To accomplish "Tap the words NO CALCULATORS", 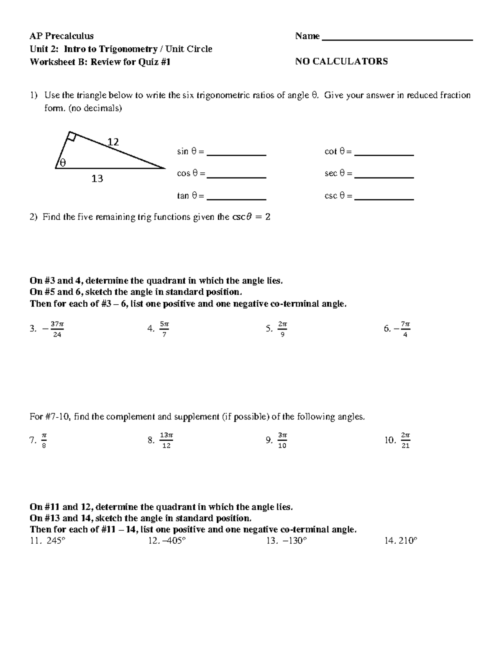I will tap(341, 62).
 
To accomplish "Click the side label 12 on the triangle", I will tap(113, 142).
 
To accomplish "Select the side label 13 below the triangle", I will tap(97, 179).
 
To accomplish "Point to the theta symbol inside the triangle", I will tap(63, 162).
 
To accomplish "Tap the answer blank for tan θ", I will tap(237, 198).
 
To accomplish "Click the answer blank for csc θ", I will tap(384, 198).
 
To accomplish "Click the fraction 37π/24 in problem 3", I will tap(57, 329).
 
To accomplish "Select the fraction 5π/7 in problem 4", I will tap(164, 329).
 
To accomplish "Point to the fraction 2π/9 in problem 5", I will tap(282, 329).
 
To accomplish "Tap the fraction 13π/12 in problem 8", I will tap(166, 440).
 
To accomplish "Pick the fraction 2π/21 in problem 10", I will tap(405, 440).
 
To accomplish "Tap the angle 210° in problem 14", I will tap(408, 541).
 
